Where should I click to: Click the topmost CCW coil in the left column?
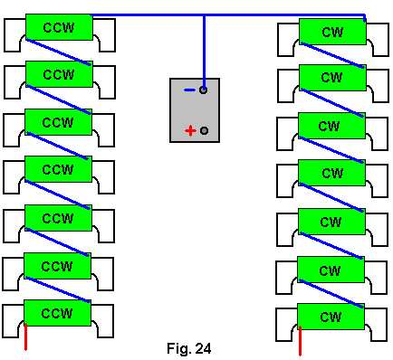tap(59, 27)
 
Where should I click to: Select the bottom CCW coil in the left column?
tap(57, 313)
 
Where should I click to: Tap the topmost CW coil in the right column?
tap(332, 32)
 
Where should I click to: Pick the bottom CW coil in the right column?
tap(331, 317)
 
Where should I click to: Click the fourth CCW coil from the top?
tap(58, 169)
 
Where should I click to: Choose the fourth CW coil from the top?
tap(331, 173)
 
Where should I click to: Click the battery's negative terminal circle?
tap(204, 90)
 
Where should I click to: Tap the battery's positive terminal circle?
tap(204, 130)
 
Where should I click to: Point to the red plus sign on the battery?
tap(190, 131)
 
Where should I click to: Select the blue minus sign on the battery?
tap(189, 90)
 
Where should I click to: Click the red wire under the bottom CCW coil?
tap(25, 337)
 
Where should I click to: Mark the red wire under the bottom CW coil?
tap(300, 341)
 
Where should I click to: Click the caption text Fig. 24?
tap(189, 348)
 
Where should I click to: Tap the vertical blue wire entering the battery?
tap(205, 52)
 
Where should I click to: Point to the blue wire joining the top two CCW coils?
tap(58, 52)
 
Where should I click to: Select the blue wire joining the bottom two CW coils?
tap(331, 294)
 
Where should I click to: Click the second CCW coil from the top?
tap(59, 74)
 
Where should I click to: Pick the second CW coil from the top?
tap(332, 78)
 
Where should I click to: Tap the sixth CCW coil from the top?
tap(57, 266)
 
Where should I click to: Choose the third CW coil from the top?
tap(331, 126)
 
